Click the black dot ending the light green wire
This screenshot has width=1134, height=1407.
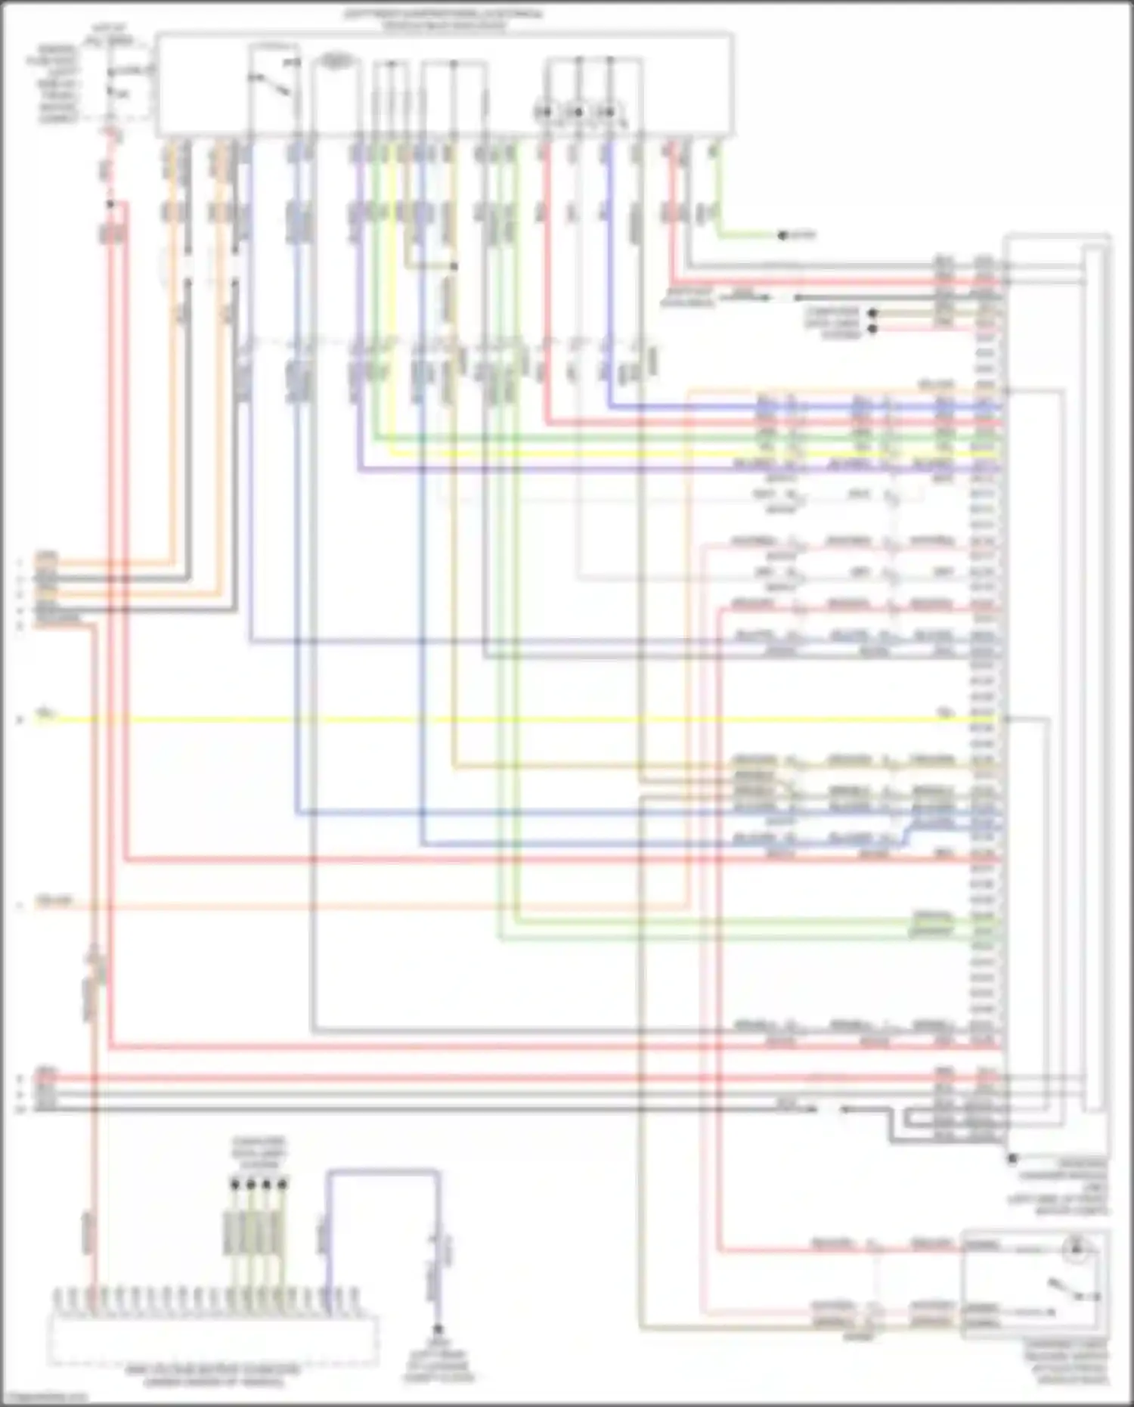[782, 236]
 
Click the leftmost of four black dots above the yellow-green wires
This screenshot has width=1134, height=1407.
[234, 1184]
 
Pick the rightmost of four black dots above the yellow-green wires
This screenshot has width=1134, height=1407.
[283, 1184]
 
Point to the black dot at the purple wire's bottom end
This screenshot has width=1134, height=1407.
[437, 1328]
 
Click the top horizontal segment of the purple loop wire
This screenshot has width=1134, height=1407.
[383, 1173]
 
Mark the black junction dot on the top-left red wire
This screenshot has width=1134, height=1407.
[110, 204]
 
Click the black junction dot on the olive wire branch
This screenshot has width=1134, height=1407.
[454, 267]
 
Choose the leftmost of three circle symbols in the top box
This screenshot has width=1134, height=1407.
[544, 113]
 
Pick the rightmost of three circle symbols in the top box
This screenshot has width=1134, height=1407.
[606, 113]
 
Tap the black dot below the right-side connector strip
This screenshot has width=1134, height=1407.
[1012, 1158]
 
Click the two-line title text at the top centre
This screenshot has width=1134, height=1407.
[444, 19]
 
